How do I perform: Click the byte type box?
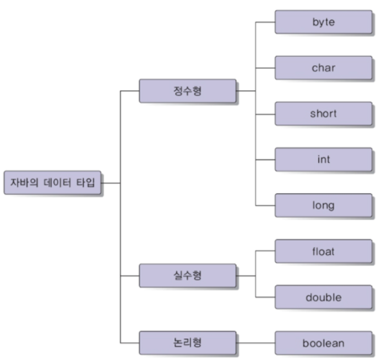pyautogui.click(x=323, y=22)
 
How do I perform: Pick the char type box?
pyautogui.click(x=323, y=68)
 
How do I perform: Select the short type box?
pyautogui.click(x=323, y=113)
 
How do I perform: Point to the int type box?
pyautogui.click(x=323, y=159)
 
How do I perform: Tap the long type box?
pyautogui.click(x=323, y=205)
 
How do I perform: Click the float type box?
pyautogui.click(x=323, y=251)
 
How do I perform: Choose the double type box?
pyautogui.click(x=323, y=297)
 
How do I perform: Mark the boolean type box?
pyautogui.click(x=323, y=343)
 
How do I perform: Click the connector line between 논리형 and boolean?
pyautogui.click(x=255, y=343)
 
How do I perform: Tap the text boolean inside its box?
pyautogui.click(x=323, y=343)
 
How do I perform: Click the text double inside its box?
pyautogui.click(x=323, y=297)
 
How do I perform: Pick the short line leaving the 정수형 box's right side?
pyautogui.click(x=245, y=91)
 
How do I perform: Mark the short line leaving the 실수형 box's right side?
pyautogui.click(x=245, y=276)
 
